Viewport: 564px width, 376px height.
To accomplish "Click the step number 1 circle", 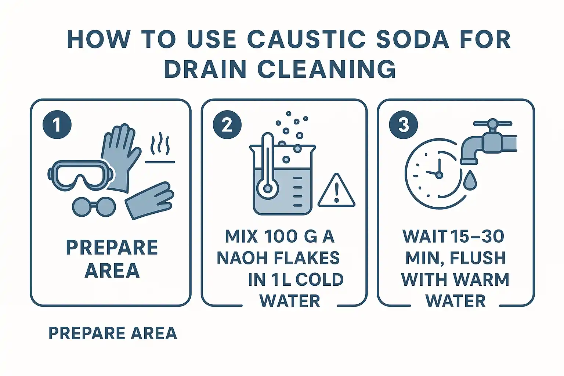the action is (x=57, y=125).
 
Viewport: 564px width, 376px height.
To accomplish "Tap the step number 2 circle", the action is (x=227, y=125).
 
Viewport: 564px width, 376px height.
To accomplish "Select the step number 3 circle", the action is (x=404, y=125).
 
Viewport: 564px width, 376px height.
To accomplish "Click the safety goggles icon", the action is (x=81, y=175).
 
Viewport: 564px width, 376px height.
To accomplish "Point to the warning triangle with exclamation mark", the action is (x=336, y=191).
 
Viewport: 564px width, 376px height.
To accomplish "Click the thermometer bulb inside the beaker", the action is (x=267, y=188).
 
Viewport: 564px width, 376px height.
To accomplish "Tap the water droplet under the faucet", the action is (x=470, y=180).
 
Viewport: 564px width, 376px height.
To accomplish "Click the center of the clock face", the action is (x=439, y=174).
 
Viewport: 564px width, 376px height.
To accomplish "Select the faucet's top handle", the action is (x=492, y=124).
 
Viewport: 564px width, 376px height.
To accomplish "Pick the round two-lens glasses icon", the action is (x=94, y=207).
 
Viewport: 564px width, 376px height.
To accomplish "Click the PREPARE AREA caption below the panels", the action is (x=113, y=333).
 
